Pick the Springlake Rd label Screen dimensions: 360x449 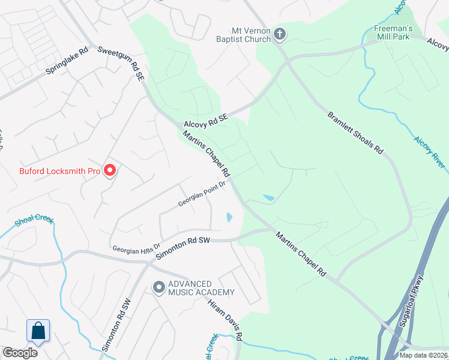click(67, 61)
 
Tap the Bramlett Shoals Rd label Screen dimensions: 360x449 click(355, 133)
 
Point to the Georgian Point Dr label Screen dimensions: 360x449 click(201, 194)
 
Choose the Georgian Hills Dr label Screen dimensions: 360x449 click(136, 247)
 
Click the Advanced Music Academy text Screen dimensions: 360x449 click(198, 287)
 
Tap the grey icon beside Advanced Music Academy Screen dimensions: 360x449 click(159, 288)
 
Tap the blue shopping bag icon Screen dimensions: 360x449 click(38, 331)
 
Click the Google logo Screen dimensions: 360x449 click(20, 353)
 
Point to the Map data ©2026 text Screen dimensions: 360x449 click(423, 355)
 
